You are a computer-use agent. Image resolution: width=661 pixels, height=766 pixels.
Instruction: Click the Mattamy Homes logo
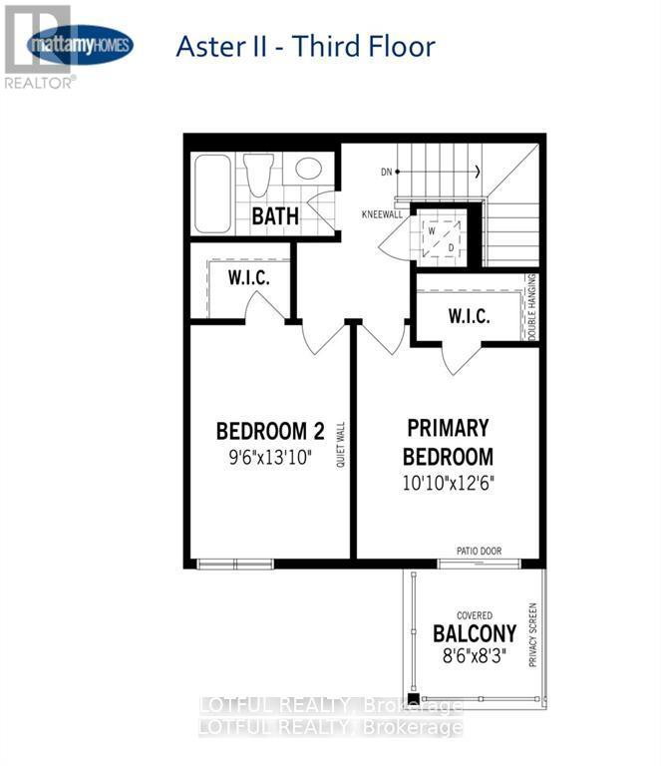coord(80,44)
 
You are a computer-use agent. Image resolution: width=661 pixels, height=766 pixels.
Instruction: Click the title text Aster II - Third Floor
coord(305,46)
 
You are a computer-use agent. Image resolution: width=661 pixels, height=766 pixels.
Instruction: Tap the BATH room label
coord(274,215)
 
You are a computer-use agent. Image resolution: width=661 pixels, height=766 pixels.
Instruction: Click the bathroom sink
coord(309,168)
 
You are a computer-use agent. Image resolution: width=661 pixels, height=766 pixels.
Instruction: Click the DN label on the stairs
coord(388,172)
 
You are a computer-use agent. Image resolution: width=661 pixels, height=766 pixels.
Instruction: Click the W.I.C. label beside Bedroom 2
coord(248,277)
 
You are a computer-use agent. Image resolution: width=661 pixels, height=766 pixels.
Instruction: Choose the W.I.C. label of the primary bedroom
coord(469,316)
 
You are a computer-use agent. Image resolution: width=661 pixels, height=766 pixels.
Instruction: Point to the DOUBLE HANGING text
coord(532,307)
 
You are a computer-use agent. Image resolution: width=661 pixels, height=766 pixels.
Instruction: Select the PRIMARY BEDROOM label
coord(448,442)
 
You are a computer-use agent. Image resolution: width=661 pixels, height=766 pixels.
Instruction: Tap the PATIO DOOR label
coord(479,551)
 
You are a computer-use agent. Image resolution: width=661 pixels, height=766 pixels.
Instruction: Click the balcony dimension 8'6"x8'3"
coord(475,656)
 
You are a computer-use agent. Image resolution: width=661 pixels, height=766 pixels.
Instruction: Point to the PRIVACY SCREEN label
coord(532,634)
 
